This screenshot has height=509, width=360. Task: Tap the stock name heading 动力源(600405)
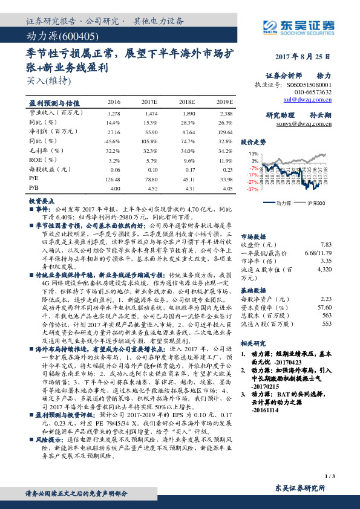[56, 37]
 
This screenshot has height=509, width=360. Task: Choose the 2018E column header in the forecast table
[189, 102]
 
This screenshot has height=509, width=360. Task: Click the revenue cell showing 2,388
[225, 113]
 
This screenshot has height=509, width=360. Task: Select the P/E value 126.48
[113, 179]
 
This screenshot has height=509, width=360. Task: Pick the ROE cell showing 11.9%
[225, 160]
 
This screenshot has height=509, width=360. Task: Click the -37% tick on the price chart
[253, 189]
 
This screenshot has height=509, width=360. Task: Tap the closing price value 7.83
[326, 244]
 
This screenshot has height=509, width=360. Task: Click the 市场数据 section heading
[254, 236]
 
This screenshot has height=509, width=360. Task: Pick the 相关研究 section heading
[254, 342]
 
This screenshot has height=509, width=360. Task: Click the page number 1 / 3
[329, 477]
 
